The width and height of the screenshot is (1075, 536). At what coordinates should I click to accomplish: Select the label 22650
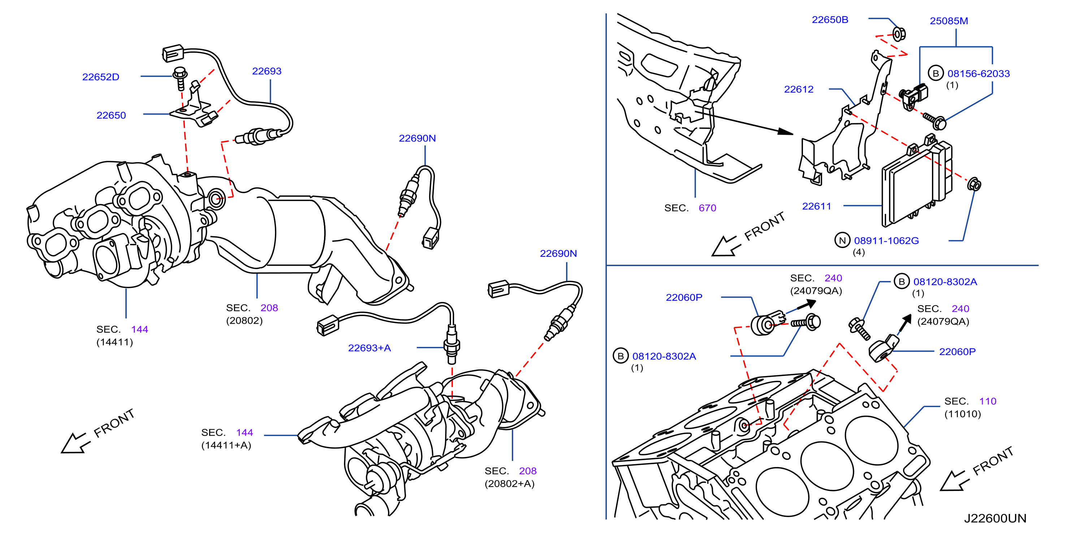tap(111, 115)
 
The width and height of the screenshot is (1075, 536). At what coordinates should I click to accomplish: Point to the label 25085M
tap(949, 21)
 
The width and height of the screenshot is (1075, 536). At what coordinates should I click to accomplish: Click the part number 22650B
tap(830, 20)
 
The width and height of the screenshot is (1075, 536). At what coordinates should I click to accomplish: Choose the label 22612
tap(799, 89)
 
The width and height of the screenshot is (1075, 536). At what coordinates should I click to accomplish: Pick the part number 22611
tap(817, 206)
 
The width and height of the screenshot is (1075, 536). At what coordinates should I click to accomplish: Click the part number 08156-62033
tap(979, 73)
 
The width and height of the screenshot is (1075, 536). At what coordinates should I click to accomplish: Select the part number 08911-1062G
tap(886, 241)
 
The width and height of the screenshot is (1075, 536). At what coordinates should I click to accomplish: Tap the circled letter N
tap(842, 240)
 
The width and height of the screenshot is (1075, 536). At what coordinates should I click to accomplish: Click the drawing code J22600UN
tap(995, 518)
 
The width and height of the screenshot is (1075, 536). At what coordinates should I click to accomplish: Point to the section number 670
tap(707, 208)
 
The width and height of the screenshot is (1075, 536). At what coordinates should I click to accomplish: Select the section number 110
tap(988, 401)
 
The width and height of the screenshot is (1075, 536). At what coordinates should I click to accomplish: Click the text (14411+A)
tap(226, 445)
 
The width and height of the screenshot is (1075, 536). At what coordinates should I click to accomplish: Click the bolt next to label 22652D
tap(180, 78)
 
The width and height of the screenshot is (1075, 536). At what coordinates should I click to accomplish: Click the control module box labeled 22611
tap(917, 183)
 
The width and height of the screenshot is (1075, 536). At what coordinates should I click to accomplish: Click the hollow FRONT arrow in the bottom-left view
tap(75, 443)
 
